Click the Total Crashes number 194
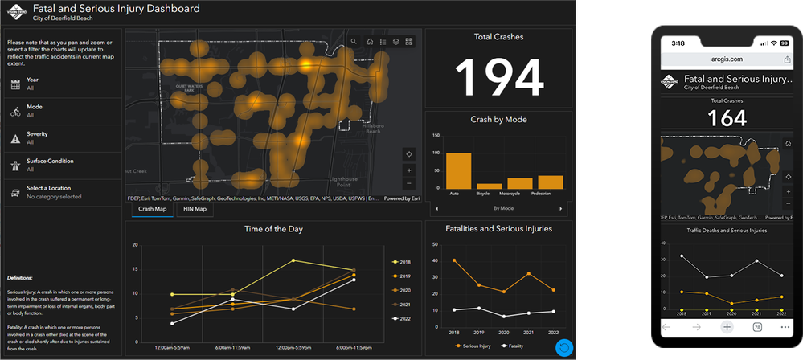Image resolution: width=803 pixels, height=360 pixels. coord(498,77)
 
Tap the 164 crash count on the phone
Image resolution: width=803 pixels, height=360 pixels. coord(727,118)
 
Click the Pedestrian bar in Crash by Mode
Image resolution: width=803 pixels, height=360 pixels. coord(551,181)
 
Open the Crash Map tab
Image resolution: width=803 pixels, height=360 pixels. coord(153,209)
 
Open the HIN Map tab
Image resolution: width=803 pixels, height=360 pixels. coord(195,209)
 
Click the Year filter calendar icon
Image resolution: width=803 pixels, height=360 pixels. coord(15,84)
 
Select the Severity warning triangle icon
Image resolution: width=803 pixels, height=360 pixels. coord(15,138)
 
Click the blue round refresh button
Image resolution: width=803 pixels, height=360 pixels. coord(564,347)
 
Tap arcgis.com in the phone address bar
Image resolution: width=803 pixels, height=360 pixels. coord(727,59)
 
